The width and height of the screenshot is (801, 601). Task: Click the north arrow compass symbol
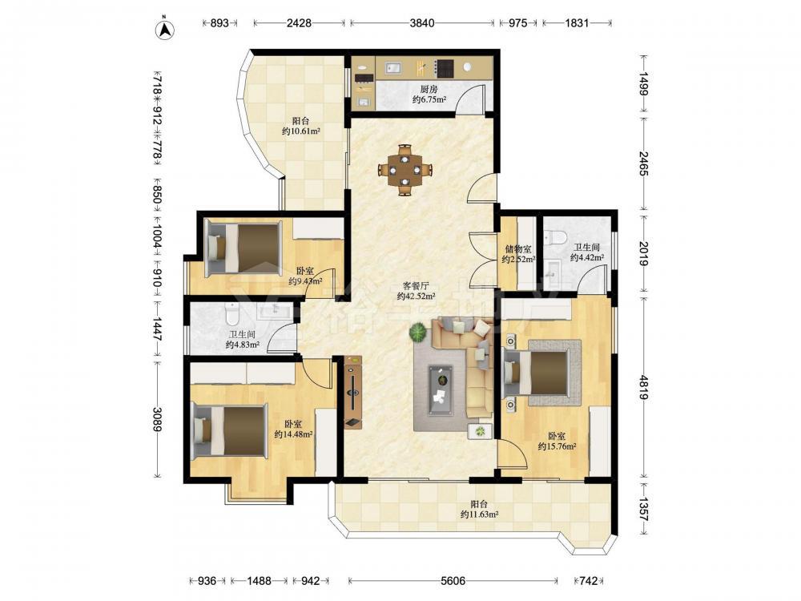click(x=164, y=29)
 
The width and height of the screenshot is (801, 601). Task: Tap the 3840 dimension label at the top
click(x=422, y=23)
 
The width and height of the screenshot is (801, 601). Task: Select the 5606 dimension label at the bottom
click(x=453, y=580)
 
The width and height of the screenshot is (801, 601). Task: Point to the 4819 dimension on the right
click(x=644, y=389)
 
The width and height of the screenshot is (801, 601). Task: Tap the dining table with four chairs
click(x=405, y=170)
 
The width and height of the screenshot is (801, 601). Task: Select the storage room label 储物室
click(x=518, y=249)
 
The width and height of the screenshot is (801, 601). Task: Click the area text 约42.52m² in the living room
click(x=417, y=296)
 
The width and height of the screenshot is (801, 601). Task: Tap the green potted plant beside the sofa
click(x=418, y=333)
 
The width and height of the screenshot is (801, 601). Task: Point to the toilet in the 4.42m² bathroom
click(x=555, y=237)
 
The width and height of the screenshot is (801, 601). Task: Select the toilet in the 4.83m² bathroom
click(x=231, y=315)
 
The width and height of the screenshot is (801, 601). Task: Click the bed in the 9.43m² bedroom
click(x=244, y=248)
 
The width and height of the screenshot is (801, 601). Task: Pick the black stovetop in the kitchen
click(x=445, y=68)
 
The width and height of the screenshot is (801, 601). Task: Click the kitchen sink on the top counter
click(x=393, y=68)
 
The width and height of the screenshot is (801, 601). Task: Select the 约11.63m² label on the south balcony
click(x=479, y=514)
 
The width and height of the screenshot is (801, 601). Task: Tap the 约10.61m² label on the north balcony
click(x=301, y=131)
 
